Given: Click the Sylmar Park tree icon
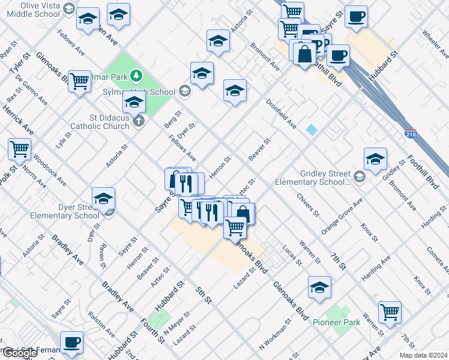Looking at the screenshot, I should [137, 75].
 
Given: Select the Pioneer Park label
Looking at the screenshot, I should [336, 322].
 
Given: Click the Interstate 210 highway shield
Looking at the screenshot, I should [411, 133].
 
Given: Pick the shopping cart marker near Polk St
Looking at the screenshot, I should [20, 149].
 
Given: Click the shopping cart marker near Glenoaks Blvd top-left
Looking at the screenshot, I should [79, 81].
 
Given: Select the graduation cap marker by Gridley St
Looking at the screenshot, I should [375, 159].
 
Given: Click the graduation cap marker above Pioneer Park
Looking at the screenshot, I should [319, 287].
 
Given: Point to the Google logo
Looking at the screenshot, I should [20, 353].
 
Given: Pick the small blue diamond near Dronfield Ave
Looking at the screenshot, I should [312, 130].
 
